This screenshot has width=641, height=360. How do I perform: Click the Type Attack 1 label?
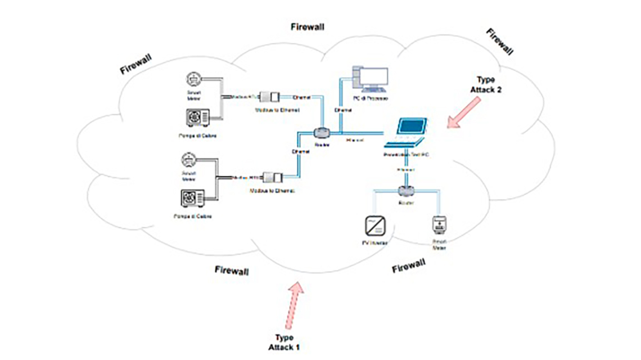pos(284,342)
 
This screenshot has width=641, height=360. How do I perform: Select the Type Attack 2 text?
pos(485,84)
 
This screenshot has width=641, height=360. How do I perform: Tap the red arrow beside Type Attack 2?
pos(464,112)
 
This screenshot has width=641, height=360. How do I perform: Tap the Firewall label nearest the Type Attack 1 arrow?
pos(232,271)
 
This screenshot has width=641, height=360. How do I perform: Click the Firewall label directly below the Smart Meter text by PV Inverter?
pos(409,265)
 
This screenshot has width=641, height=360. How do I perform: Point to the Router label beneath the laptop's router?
pos(405,203)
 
